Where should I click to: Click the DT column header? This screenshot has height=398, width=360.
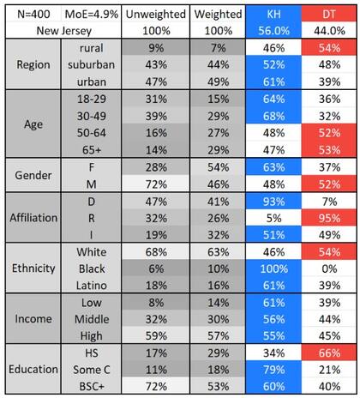click(x=330, y=15)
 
